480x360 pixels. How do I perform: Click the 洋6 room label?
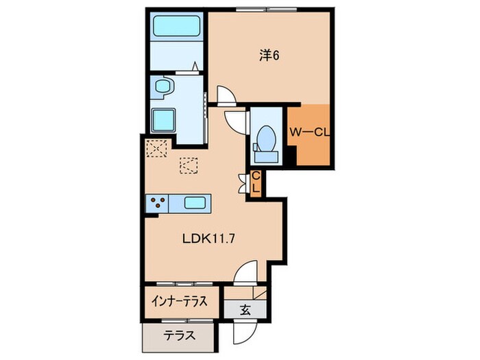[x=269, y=56]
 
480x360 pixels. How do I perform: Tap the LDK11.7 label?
[x=208, y=239]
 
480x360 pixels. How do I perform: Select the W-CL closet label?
[x=309, y=132]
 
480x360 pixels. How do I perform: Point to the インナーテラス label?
[x=180, y=302]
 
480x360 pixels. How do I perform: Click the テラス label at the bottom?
[x=180, y=336]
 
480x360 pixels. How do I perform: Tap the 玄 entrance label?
[x=245, y=310]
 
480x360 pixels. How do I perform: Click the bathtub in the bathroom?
[x=177, y=26]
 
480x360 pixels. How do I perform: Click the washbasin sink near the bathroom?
[x=164, y=86]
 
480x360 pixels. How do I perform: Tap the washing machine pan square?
[x=163, y=120]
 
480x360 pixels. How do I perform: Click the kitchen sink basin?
[x=195, y=203]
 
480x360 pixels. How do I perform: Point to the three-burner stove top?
[x=157, y=203]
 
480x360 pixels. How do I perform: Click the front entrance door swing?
[x=245, y=331]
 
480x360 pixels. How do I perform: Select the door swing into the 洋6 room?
[x=226, y=95]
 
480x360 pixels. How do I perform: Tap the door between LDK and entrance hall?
[x=245, y=272]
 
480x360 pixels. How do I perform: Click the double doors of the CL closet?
[x=243, y=184]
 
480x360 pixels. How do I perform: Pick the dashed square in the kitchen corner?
[x=156, y=149]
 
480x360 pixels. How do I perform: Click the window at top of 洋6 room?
[x=267, y=10]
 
